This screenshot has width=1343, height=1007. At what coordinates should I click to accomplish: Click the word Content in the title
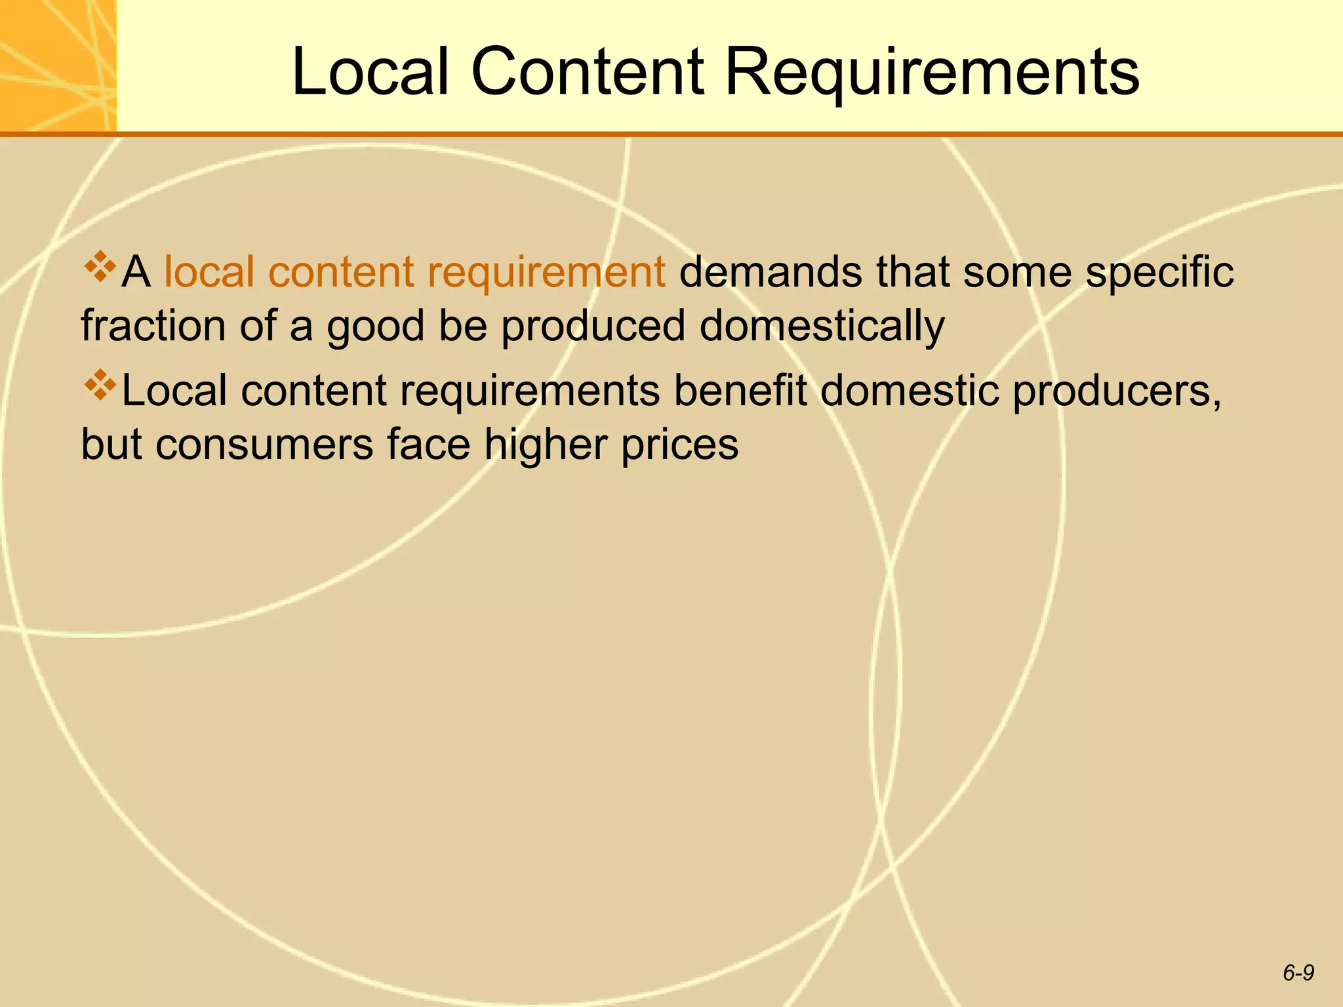point(587,72)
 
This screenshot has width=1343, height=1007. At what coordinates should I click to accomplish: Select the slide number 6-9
point(1298,973)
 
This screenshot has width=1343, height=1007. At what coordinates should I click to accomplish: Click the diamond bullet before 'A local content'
point(99,266)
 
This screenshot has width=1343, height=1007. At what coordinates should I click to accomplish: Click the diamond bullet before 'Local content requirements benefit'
point(99,385)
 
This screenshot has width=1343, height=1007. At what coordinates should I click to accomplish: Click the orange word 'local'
point(209,271)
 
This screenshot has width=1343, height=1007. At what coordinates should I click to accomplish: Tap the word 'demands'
point(770,271)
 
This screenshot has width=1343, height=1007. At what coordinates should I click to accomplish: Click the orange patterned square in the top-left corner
point(58,65)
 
